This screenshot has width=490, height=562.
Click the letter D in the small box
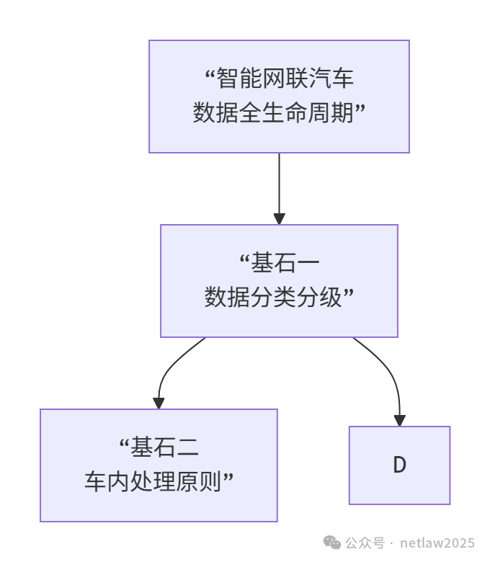(x=399, y=465)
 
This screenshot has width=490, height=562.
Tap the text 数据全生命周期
(x=274, y=112)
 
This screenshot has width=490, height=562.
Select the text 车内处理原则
(x=154, y=481)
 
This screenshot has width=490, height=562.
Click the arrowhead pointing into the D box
(x=399, y=420)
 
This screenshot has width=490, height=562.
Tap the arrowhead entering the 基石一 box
(x=279, y=218)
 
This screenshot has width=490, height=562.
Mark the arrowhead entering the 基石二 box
(x=159, y=403)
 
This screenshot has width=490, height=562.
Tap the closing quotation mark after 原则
(x=231, y=477)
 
